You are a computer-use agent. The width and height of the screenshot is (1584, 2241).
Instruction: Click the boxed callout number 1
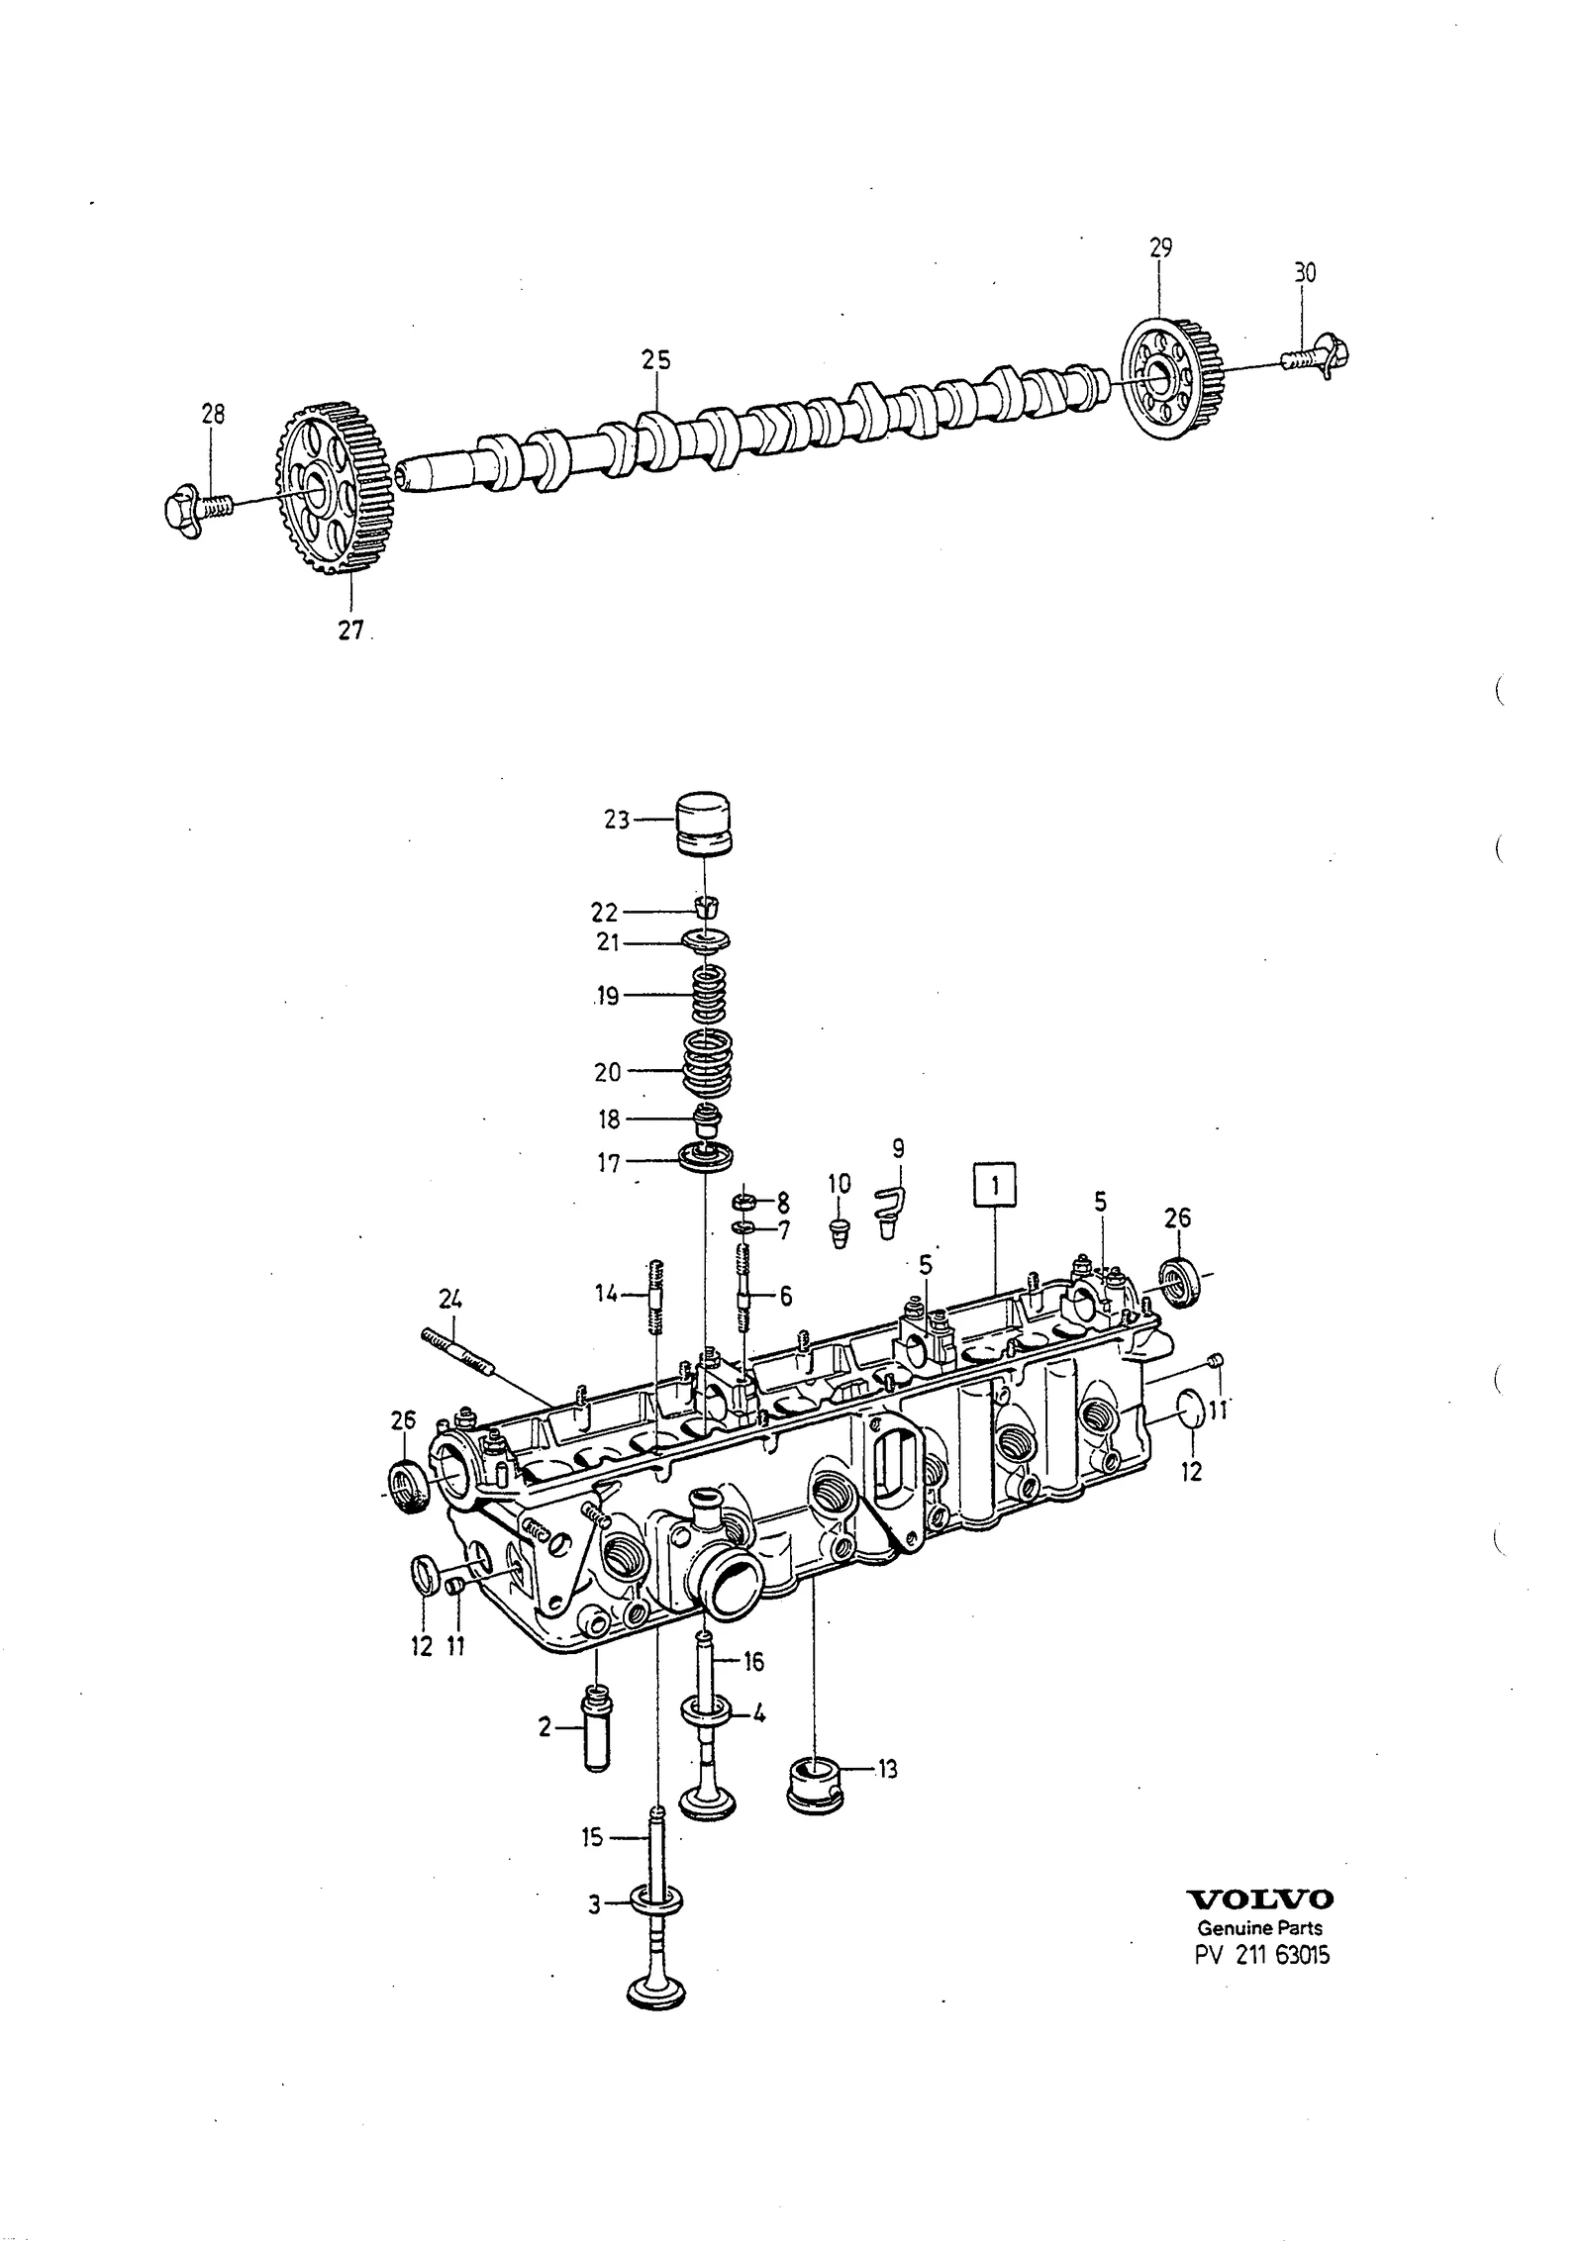pyautogui.click(x=995, y=1186)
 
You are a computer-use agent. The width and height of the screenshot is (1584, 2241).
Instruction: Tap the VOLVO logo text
pyautogui.click(x=1259, y=1899)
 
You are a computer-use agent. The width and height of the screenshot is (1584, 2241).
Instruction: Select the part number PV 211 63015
pyautogui.click(x=1259, y=1955)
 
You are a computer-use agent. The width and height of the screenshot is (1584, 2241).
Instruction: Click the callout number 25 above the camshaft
pyautogui.click(x=655, y=360)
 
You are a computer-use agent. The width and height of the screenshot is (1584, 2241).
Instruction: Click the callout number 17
pyautogui.click(x=608, y=1163)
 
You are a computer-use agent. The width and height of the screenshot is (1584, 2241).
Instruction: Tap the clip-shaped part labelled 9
pyautogui.click(x=892, y=1210)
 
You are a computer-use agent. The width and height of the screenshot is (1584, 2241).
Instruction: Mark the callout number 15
pyautogui.click(x=591, y=1838)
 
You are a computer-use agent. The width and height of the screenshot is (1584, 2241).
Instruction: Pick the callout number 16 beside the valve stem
pyautogui.click(x=753, y=1661)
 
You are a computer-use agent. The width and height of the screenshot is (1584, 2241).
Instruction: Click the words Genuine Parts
pyautogui.click(x=1259, y=1927)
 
